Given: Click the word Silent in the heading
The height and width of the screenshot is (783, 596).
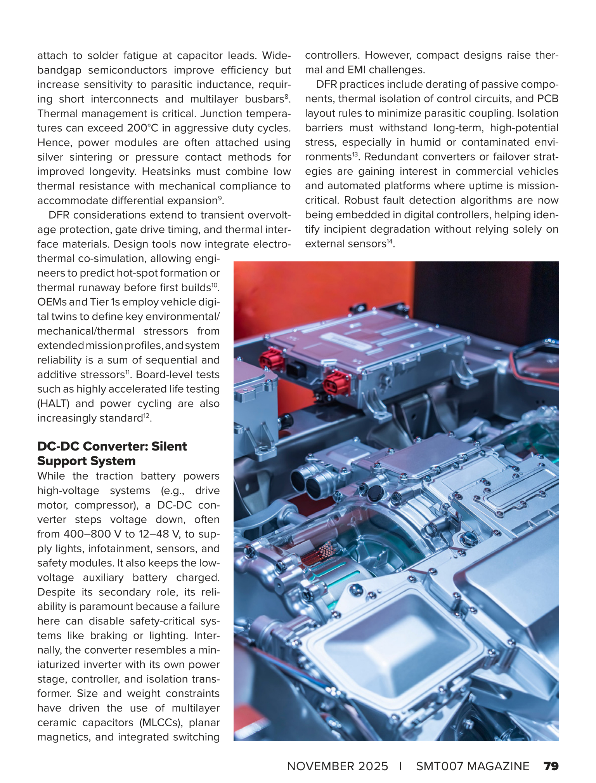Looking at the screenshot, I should (169, 446).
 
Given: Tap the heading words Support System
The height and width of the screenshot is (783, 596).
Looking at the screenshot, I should (86, 461).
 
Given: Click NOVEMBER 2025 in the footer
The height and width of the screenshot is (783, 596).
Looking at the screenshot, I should (337, 766).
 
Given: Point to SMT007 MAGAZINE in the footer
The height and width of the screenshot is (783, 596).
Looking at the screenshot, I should (472, 766).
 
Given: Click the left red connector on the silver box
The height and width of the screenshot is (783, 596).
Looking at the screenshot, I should (270, 360).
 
